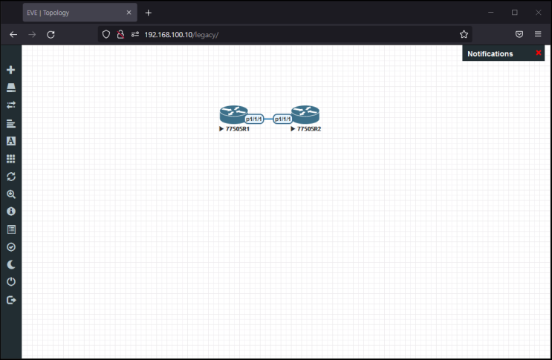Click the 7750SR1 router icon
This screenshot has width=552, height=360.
[x=233, y=114]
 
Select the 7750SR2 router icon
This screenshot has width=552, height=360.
[x=305, y=114]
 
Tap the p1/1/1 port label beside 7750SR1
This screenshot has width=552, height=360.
[x=254, y=120]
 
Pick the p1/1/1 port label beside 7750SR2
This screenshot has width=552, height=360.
[x=283, y=120]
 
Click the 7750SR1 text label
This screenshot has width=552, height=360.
[x=238, y=129]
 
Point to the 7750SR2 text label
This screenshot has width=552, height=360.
[x=309, y=129]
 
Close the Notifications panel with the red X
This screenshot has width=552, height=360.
[x=539, y=53]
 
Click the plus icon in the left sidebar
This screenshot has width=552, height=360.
[x=11, y=70]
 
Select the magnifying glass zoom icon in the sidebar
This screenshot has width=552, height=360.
[x=11, y=194]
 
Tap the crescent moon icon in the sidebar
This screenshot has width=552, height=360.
[x=11, y=264]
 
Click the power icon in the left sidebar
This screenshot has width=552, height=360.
[x=11, y=281]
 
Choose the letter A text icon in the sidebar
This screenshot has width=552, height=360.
[x=11, y=141]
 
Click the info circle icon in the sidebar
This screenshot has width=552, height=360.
[x=11, y=212]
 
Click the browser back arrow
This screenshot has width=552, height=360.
[x=13, y=34]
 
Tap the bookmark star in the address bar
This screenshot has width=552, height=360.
[x=464, y=34]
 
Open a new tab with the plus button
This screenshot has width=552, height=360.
[x=148, y=13]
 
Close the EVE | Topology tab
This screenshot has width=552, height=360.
[x=129, y=13]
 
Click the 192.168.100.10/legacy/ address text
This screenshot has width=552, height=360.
[x=181, y=35]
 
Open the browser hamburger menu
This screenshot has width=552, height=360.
[x=538, y=34]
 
